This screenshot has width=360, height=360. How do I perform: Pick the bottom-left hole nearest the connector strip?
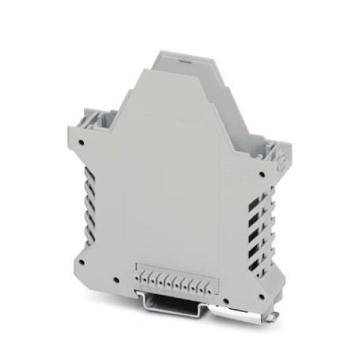tap(115, 281)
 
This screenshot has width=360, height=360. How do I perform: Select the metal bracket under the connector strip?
tap(177, 303)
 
